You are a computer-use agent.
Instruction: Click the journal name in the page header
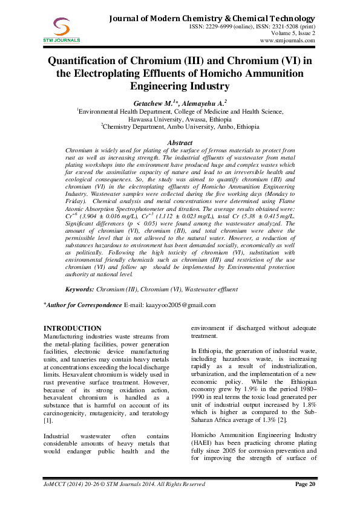pos(211,19)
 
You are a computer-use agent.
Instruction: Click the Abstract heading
pos(180,141)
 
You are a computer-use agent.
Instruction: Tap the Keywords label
pos(80,290)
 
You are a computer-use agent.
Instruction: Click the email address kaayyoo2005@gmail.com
pos(181,304)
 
